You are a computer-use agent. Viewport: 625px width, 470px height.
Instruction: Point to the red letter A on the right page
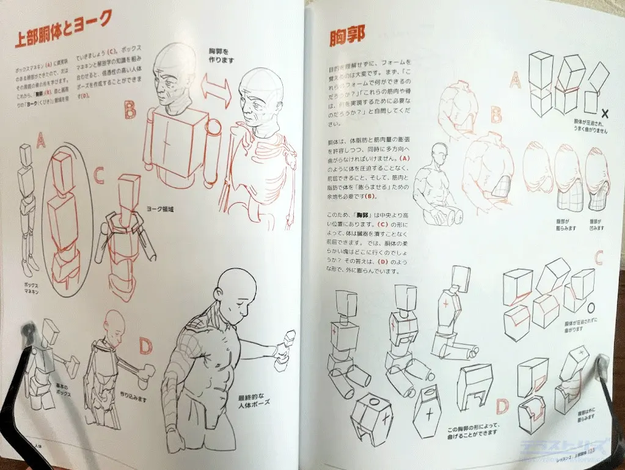pyautogui.click(x=515, y=79)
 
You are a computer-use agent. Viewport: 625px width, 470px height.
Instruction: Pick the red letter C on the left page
pyautogui.click(x=100, y=175)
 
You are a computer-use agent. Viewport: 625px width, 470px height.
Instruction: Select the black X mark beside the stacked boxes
pyautogui.click(x=604, y=112)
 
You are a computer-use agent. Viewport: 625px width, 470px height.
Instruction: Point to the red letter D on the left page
pyautogui.click(x=145, y=345)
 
